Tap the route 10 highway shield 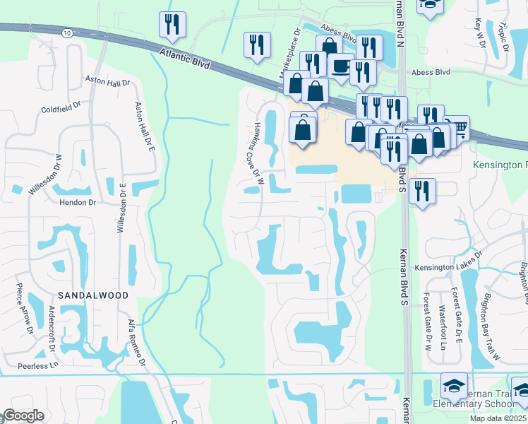[x=66, y=33]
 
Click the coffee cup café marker [x=341, y=66]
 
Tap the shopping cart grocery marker [x=457, y=127]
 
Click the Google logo [x=24, y=416]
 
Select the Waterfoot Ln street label [x=443, y=331]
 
